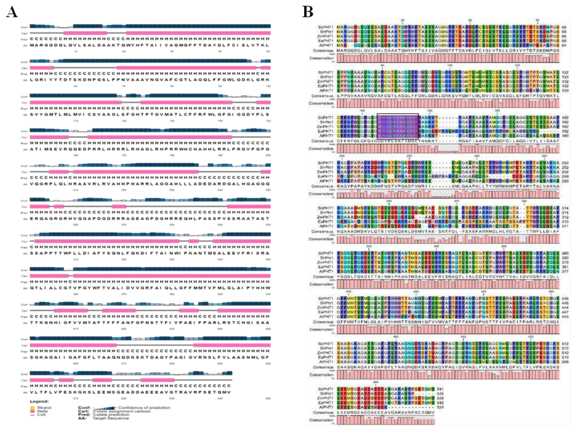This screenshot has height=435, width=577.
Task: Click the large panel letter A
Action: [12, 12]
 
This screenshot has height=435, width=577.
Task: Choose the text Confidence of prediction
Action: [144, 408]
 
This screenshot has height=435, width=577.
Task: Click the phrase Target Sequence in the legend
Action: [111, 418]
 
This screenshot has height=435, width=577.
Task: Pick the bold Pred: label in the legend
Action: [83, 415]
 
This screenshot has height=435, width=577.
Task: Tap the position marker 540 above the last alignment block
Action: [375, 382]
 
